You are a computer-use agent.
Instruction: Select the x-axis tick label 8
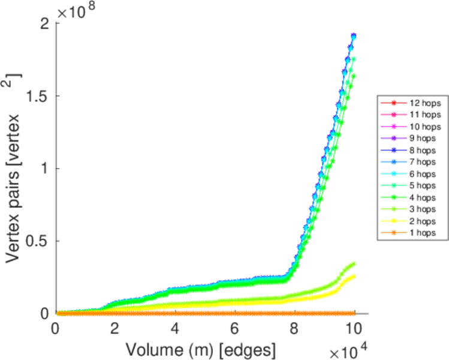pos(294,329)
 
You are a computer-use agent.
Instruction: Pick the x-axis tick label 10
pos(354,329)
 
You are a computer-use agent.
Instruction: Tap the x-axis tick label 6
pos(234,329)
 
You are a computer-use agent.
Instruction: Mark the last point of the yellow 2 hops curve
pos(354,276)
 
